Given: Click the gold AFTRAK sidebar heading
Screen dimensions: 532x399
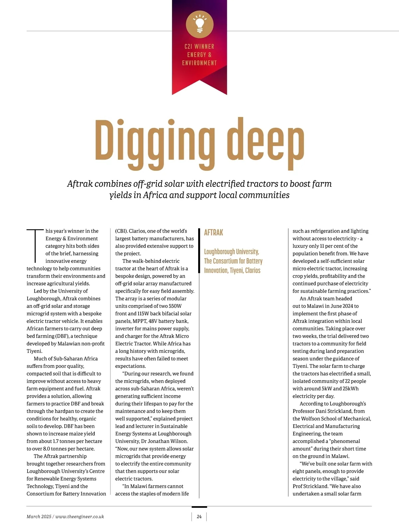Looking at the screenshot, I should click(x=213, y=233).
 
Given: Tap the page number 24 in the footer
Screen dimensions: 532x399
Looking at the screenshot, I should click(x=199, y=516).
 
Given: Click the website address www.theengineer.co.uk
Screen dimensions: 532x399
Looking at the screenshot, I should click(x=80, y=516).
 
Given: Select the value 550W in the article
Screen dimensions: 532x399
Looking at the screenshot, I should click(x=175, y=306).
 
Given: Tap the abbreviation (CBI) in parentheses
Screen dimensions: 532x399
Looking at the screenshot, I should click(x=121, y=231).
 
